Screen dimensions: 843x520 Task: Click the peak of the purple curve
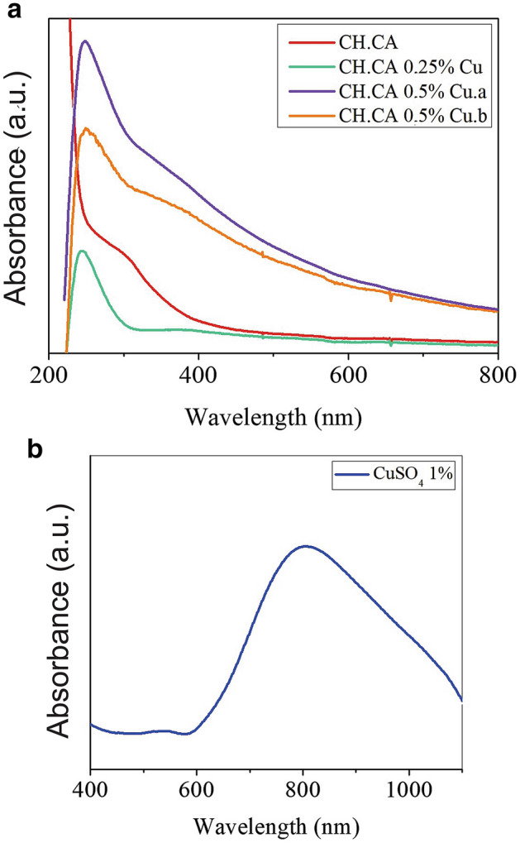[83, 41]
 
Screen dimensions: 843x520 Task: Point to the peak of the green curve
[81, 250]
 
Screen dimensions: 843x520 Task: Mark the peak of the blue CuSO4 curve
[306, 545]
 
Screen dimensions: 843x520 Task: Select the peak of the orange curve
[86, 128]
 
